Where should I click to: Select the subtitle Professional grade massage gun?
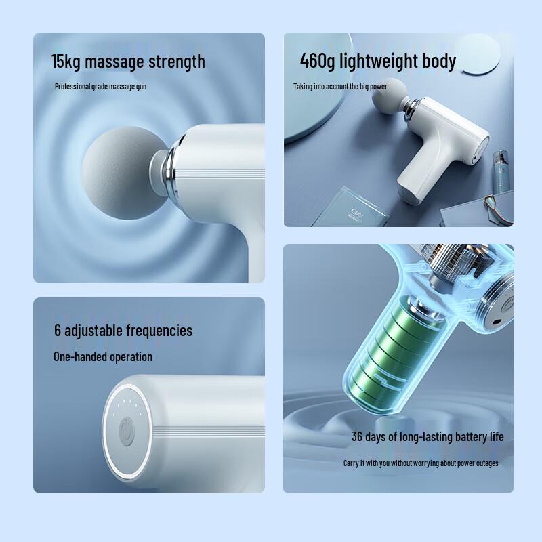(100, 87)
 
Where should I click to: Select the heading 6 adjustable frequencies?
(123, 331)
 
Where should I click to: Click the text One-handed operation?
(103, 356)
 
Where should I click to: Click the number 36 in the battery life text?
(358, 436)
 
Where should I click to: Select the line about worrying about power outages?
(421, 463)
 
